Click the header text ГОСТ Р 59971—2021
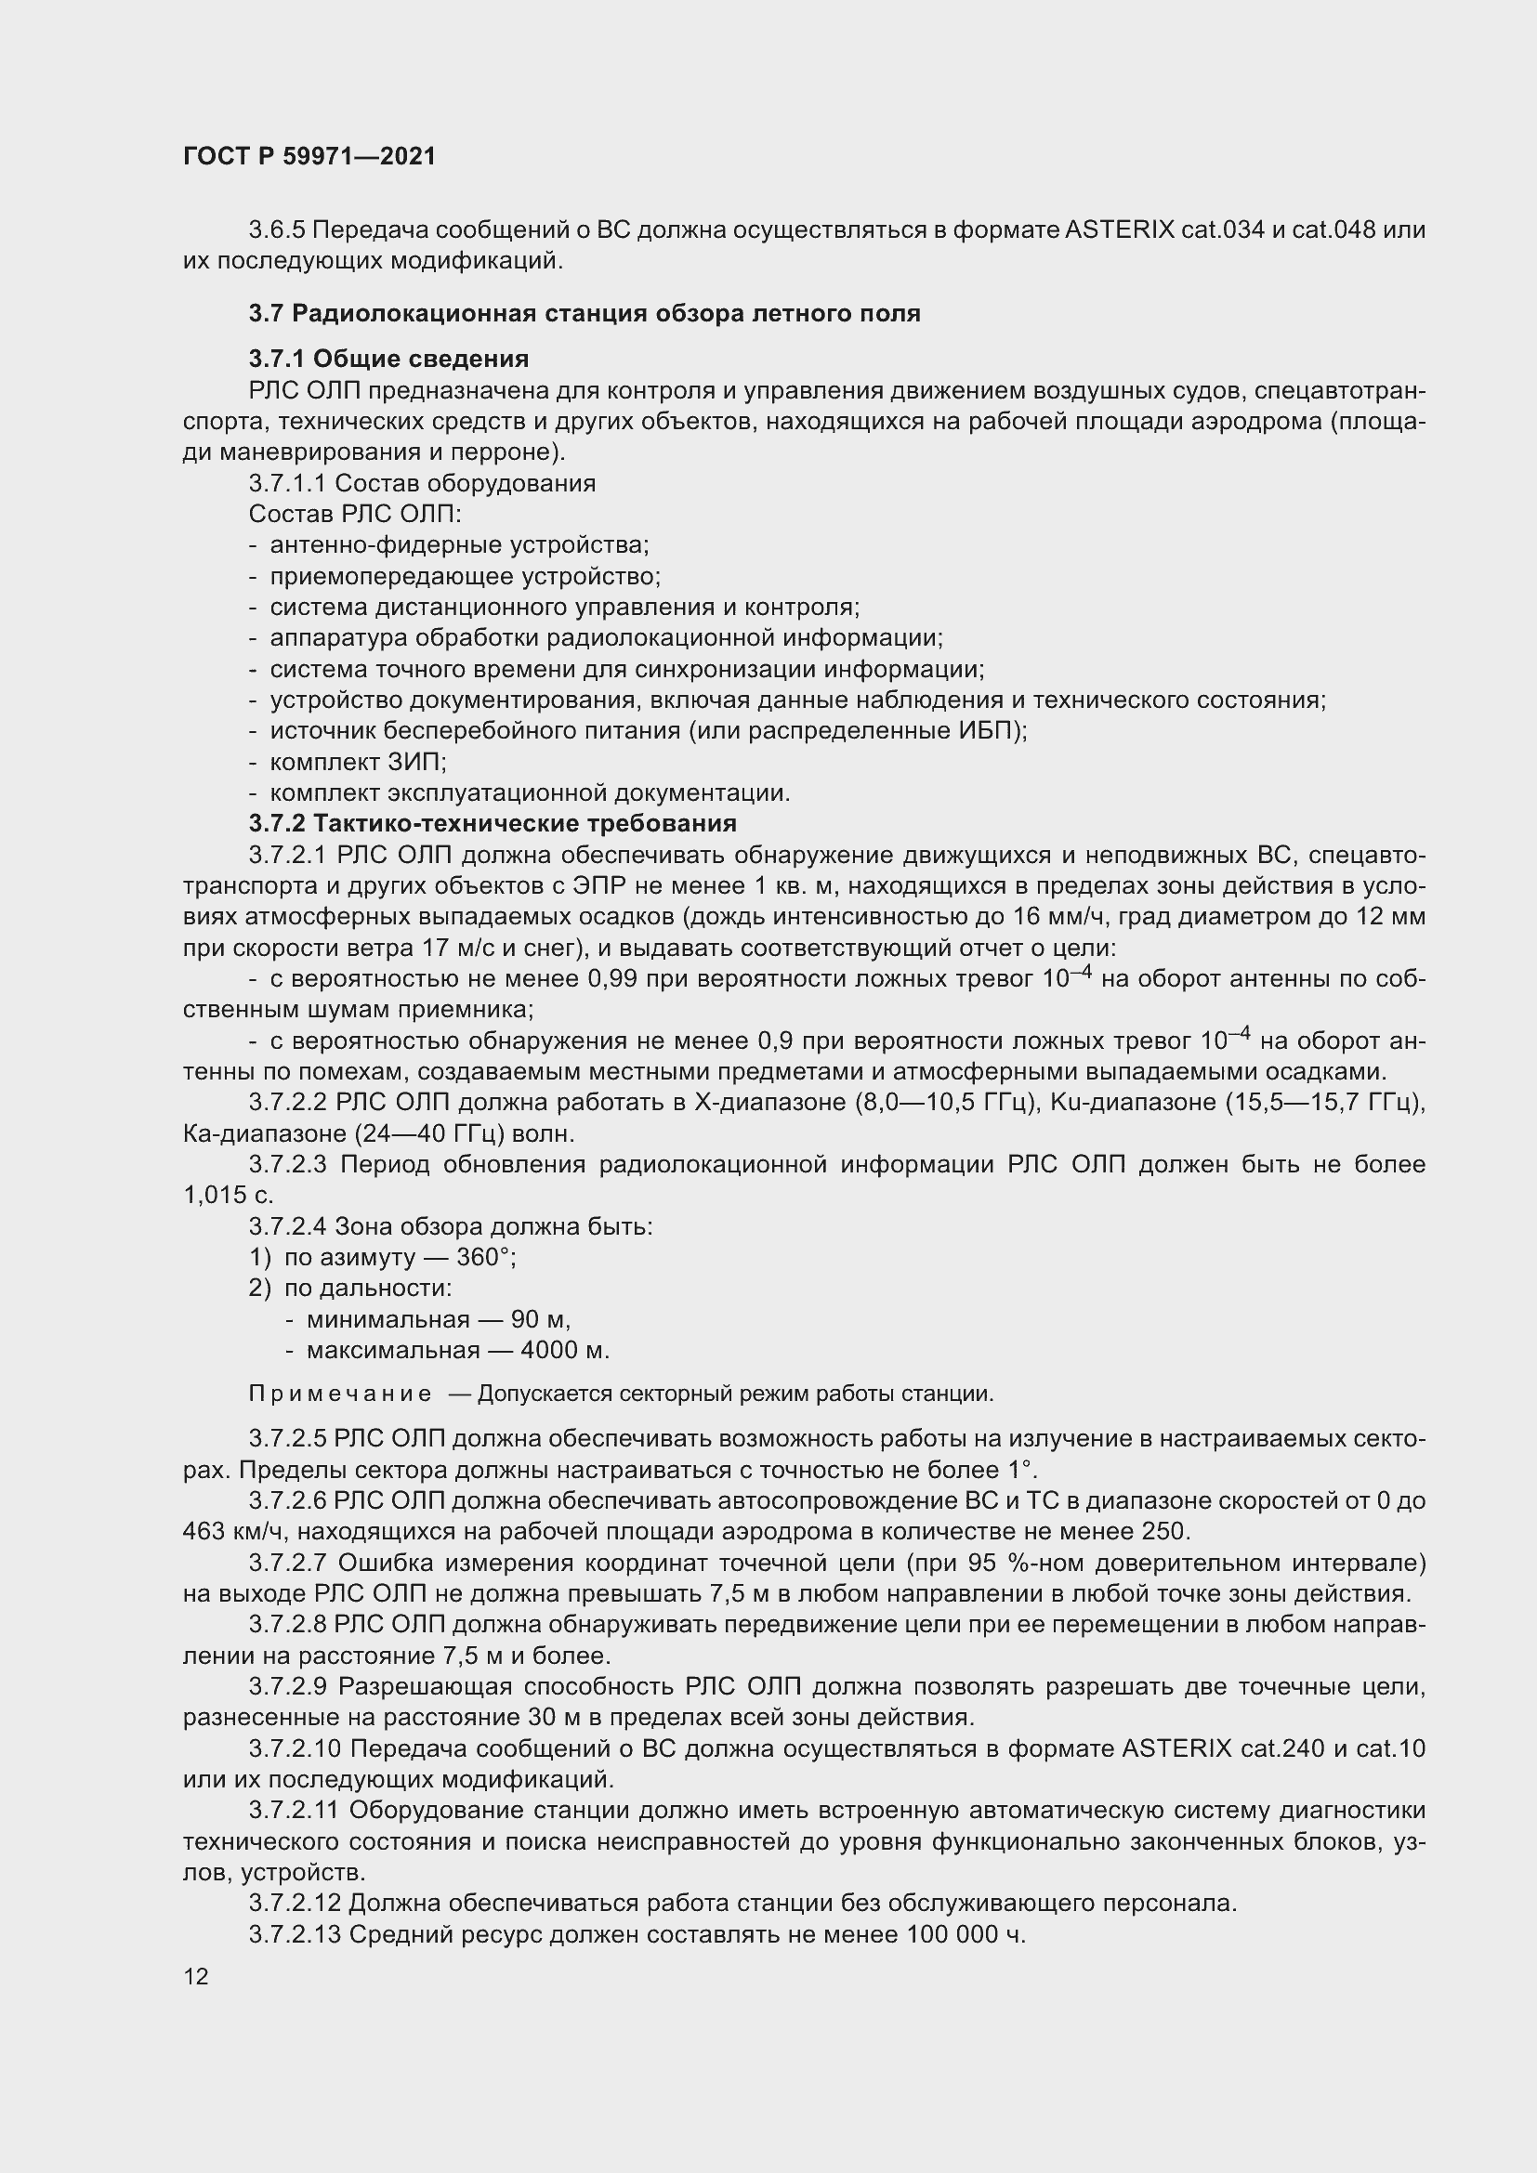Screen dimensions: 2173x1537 309,156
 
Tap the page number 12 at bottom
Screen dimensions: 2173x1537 196,1976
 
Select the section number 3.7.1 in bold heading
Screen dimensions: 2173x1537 277,359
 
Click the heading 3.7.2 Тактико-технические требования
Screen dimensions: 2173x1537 493,822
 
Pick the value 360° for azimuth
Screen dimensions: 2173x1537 485,1257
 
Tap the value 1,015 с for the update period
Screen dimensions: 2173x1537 228,1196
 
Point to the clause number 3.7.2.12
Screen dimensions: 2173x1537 295,1904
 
